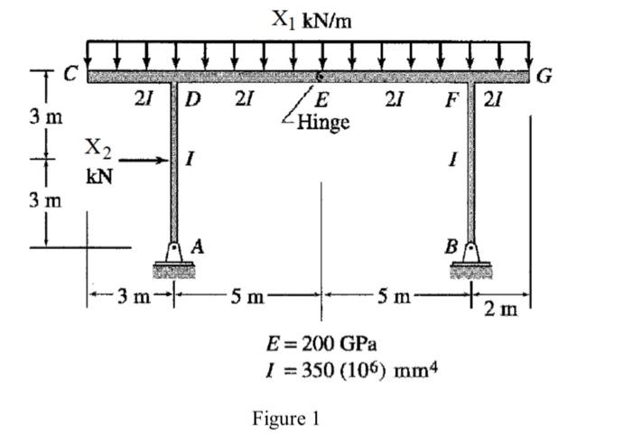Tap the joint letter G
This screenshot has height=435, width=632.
pos(544,75)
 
